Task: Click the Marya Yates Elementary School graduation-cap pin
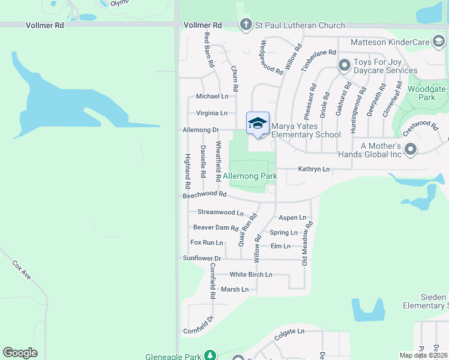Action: pos(258,123)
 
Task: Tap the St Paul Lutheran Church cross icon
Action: pos(245,25)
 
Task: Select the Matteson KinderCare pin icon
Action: pos(439,41)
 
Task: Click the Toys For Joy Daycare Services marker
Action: pos(345,65)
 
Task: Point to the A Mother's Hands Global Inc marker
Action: pos(411,148)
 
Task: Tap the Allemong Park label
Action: pos(250,176)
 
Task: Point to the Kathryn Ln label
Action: pos(314,169)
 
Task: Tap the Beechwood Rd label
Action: pos(205,195)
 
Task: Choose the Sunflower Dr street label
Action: pos(202,258)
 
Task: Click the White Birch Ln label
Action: pos(251,274)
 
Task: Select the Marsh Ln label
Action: pos(235,289)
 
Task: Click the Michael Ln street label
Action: pos(212,96)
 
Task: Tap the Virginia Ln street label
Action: pos(212,113)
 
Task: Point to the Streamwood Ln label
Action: pos(220,212)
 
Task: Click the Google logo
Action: pos(20,353)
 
